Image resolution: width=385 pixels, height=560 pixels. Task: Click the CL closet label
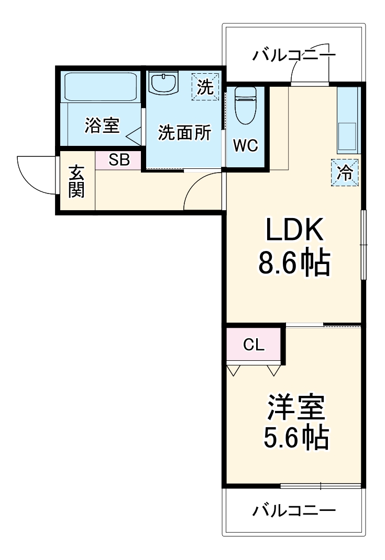click(254, 345)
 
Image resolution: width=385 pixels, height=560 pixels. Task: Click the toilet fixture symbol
click(244, 105)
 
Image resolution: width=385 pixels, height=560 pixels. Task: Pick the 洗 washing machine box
click(205, 85)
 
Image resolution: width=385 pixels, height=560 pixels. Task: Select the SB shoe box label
click(119, 160)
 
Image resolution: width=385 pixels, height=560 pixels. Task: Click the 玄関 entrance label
click(76, 181)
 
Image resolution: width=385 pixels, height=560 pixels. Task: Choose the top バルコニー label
click(293, 55)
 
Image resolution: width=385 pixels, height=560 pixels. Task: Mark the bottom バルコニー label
click(293, 510)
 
